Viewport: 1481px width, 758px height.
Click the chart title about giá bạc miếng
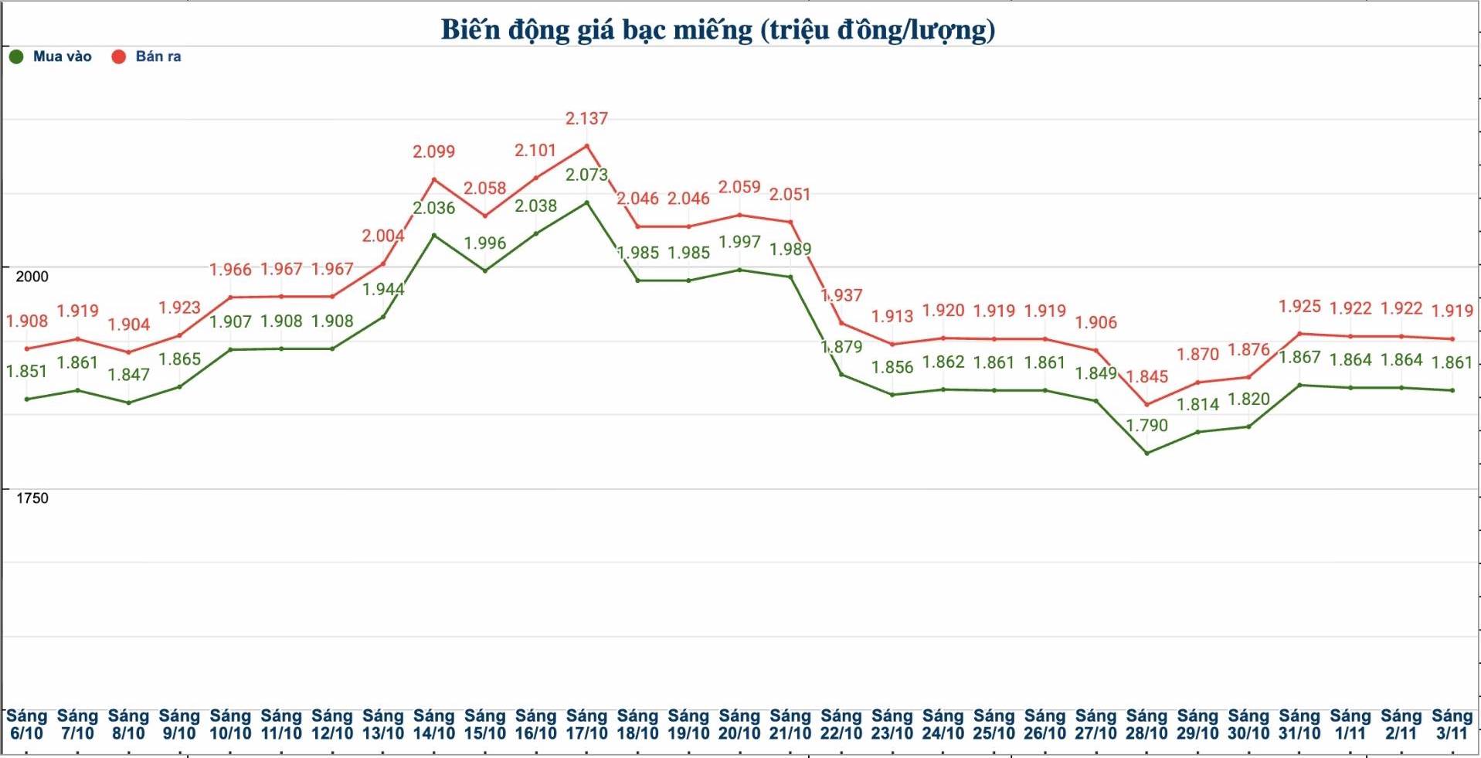[718, 29]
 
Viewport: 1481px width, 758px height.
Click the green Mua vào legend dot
[16, 56]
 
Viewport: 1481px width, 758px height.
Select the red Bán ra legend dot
[119, 56]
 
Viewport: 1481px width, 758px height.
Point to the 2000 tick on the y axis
[32, 276]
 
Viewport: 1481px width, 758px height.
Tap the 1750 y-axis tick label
[32, 498]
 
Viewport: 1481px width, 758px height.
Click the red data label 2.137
[586, 119]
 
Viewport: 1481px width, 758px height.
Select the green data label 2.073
[586, 175]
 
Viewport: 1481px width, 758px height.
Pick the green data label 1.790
[1146, 426]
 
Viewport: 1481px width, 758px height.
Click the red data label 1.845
[1146, 377]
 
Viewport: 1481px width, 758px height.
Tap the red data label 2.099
[433, 152]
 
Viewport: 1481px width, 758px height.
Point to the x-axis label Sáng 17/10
[586, 725]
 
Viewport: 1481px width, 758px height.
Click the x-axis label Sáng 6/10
[27, 725]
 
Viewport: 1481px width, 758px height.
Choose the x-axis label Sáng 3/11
[1452, 725]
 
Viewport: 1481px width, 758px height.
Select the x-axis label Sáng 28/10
[1146, 725]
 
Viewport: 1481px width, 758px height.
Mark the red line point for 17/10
[586, 145]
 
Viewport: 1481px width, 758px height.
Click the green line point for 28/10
[1146, 453]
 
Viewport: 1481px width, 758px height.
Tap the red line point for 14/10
[433, 180]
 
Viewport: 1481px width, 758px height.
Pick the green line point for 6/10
[27, 399]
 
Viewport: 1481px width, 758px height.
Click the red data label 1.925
[1299, 307]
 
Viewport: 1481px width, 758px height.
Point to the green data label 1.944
[383, 290]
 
